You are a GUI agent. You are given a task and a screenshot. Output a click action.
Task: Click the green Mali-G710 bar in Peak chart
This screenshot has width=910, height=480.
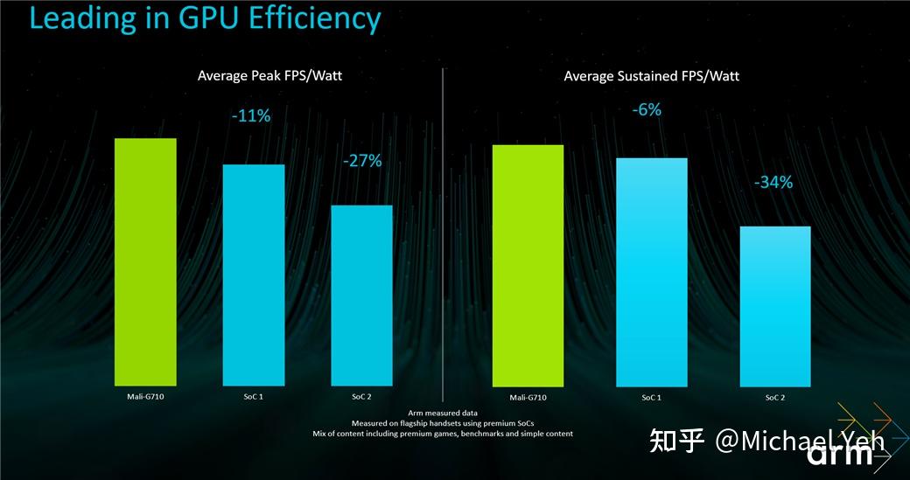[145, 262]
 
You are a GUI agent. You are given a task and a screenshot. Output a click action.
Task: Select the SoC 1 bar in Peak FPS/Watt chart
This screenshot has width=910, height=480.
[254, 275]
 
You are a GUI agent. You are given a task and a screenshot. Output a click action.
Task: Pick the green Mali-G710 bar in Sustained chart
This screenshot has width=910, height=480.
[528, 266]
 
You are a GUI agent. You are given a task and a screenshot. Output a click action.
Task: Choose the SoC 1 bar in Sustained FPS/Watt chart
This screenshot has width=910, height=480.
[651, 272]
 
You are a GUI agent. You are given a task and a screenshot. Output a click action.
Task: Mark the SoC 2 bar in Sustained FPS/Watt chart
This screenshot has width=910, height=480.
[775, 306]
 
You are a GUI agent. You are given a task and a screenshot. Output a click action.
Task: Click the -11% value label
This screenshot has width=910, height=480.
[250, 116]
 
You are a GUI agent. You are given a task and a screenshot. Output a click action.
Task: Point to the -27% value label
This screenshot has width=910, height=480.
[361, 161]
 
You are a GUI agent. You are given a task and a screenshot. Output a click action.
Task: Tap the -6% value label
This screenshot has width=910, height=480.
[648, 110]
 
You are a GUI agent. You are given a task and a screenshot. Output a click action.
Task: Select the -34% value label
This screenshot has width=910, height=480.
[773, 182]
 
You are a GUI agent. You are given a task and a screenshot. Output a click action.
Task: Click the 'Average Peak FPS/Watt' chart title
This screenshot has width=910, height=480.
[269, 76]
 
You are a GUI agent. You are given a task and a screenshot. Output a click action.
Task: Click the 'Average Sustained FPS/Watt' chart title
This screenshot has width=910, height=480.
[651, 76]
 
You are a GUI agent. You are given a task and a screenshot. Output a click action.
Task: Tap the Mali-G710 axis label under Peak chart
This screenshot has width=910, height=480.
[145, 397]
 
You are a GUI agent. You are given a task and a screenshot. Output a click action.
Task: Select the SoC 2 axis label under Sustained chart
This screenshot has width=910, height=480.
[775, 398]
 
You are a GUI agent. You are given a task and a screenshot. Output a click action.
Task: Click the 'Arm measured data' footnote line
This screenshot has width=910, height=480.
[442, 413]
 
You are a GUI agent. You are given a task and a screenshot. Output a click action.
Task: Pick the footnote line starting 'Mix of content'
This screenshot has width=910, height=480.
[442, 434]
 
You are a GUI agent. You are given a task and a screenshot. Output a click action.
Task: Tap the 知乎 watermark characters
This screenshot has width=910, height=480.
[676, 442]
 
